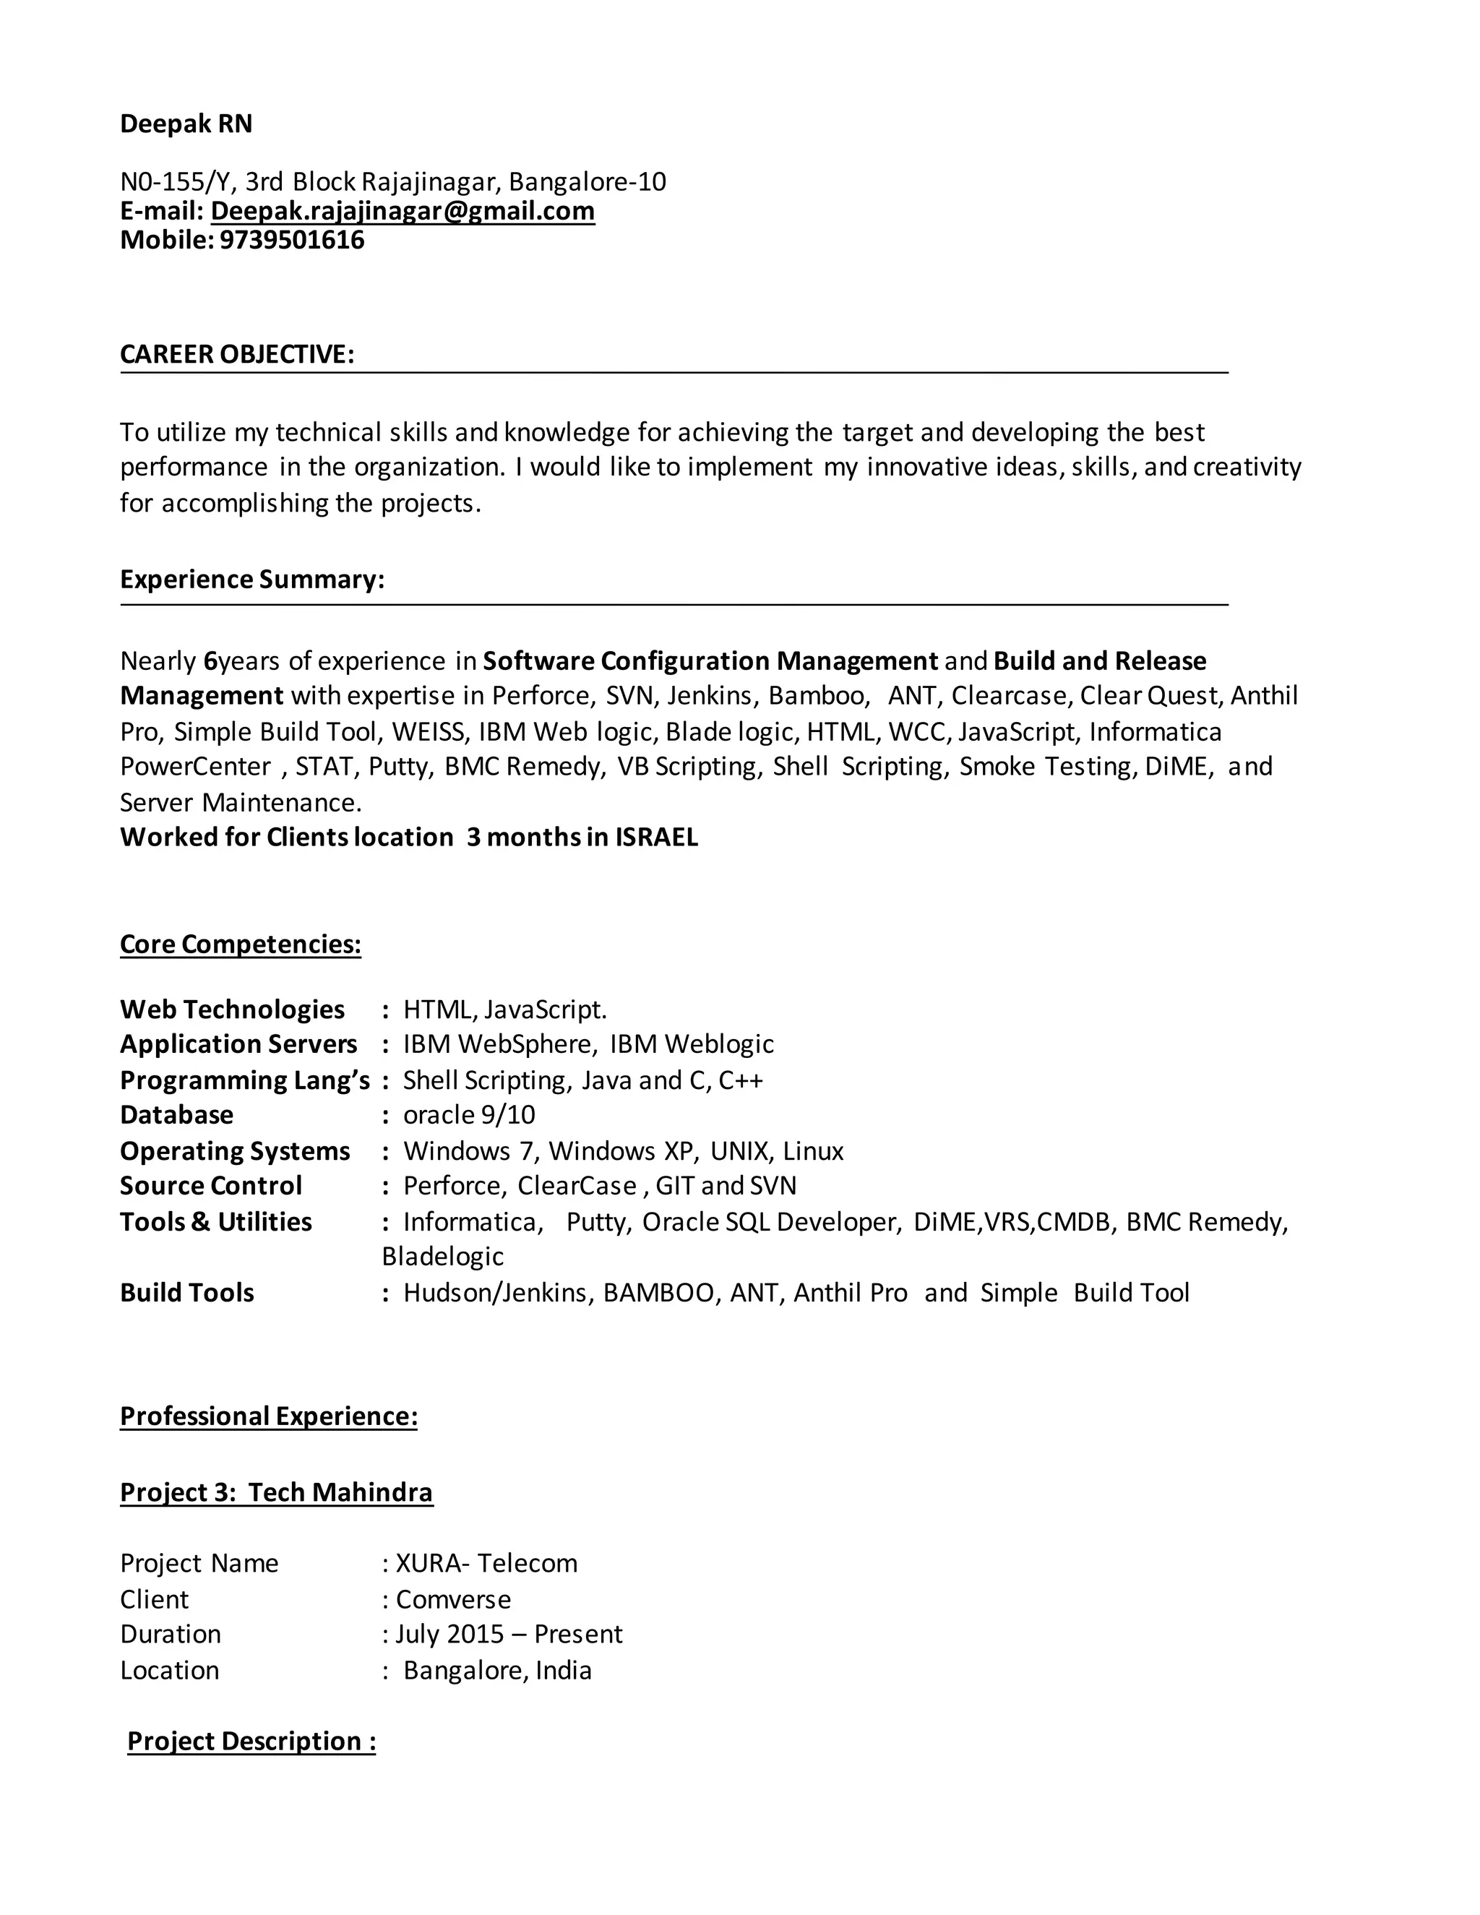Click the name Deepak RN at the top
click(186, 124)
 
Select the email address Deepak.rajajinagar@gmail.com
click(403, 211)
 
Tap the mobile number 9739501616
click(291, 240)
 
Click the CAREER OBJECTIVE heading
click(237, 354)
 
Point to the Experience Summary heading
click(251, 580)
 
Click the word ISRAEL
click(656, 838)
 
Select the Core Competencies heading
click(240, 944)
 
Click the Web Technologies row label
click(233, 1010)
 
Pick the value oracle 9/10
click(469, 1115)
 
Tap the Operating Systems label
click(235, 1151)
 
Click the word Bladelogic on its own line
click(443, 1257)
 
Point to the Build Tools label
click(186, 1294)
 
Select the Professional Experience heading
click(268, 1417)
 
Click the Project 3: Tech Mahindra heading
click(276, 1493)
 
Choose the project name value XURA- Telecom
click(486, 1563)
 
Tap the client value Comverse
click(453, 1599)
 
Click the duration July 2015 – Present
click(509, 1635)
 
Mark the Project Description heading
click(251, 1742)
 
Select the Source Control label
click(211, 1187)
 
